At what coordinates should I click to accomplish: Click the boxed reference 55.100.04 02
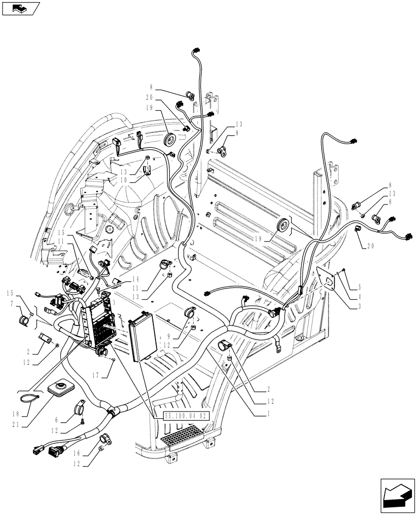(x=185, y=416)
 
